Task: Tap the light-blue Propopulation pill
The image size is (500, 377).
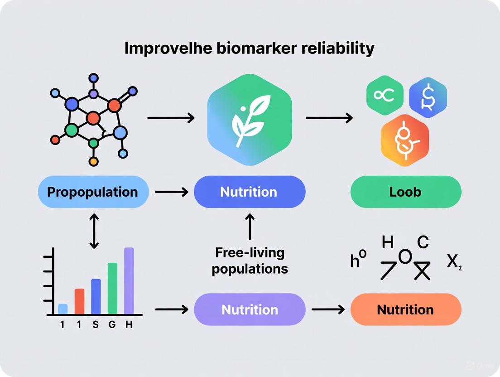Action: pos(93,192)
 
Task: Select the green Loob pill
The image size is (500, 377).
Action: pos(406,192)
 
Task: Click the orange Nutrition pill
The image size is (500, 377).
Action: pos(406,309)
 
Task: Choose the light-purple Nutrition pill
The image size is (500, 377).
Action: pos(250,309)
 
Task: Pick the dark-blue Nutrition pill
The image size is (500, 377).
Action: pos(250,192)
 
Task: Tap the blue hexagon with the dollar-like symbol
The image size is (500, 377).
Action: pos(428,97)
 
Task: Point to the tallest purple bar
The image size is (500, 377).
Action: pos(129,280)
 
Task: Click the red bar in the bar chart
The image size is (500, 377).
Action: pos(79,301)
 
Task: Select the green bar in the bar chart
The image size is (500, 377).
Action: pos(112,288)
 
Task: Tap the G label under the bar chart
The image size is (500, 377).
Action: pos(112,325)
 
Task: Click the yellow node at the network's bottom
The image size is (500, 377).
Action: pos(94,161)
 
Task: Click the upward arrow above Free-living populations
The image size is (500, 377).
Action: pos(250,226)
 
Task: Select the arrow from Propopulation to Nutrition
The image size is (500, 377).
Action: pos(171,192)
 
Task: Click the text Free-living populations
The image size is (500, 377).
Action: pos(250,261)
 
